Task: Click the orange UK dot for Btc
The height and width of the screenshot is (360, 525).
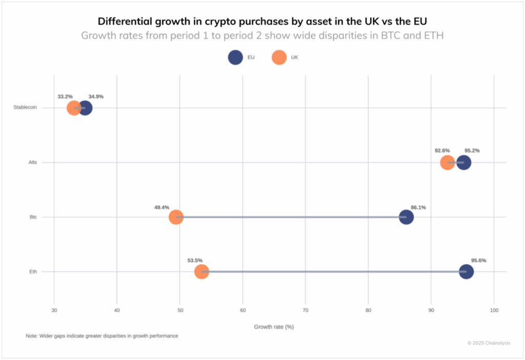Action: (176, 217)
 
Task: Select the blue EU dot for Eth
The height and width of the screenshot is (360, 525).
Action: (466, 271)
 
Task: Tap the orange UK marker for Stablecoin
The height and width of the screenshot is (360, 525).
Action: (74, 108)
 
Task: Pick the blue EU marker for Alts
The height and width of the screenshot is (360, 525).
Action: (463, 163)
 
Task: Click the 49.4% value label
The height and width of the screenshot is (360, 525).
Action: (161, 208)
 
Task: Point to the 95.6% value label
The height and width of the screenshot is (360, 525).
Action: (478, 261)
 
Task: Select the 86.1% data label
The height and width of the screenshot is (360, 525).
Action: (418, 208)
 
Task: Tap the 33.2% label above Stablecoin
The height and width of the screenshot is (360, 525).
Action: (65, 96)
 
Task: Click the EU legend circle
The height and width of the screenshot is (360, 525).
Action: (235, 57)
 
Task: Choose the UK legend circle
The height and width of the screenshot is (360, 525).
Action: (279, 57)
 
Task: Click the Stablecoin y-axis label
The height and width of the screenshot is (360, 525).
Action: (25, 108)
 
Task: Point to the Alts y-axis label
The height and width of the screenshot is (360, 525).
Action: (33, 163)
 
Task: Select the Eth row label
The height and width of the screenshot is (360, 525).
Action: (33, 272)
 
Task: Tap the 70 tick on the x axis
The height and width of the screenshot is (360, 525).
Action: (306, 311)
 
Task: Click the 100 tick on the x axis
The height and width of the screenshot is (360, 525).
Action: (494, 311)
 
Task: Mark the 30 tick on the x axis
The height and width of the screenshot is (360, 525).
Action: (54, 311)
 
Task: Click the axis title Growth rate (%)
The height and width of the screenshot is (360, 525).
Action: (274, 326)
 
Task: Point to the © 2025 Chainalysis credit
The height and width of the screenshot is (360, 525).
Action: (489, 343)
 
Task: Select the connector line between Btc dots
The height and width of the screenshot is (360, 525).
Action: (291, 217)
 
